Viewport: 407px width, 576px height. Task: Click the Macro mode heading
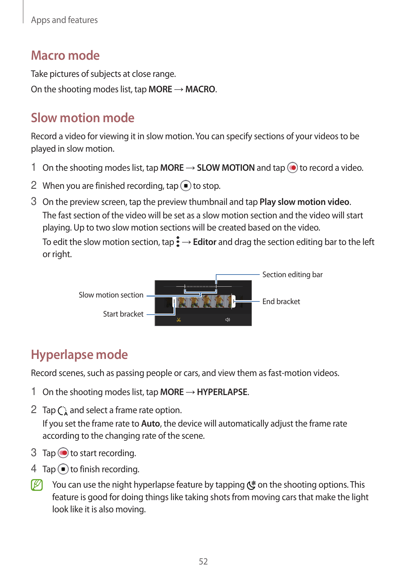pyautogui.click(x=65, y=55)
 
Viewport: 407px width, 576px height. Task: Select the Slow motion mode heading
pyautogui.click(x=83, y=118)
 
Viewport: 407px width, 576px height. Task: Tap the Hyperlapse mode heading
pyautogui.click(x=79, y=355)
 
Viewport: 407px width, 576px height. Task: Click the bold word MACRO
pyautogui.click(x=200, y=89)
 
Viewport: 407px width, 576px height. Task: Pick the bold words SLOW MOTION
pyautogui.click(x=226, y=168)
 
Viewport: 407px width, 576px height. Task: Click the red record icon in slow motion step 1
pyautogui.click(x=292, y=168)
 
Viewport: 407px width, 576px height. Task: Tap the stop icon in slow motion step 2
pyautogui.click(x=186, y=186)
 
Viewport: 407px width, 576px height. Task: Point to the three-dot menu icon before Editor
pyautogui.click(x=178, y=242)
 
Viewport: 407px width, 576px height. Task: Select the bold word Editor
pyautogui.click(x=205, y=242)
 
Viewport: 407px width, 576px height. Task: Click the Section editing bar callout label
pyautogui.click(x=292, y=275)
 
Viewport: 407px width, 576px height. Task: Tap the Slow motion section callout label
pyautogui.click(x=111, y=295)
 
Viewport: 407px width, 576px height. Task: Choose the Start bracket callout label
pyautogui.click(x=123, y=314)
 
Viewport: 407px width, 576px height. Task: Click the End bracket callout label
pyautogui.click(x=281, y=301)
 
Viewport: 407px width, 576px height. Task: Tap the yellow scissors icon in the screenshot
pyautogui.click(x=179, y=320)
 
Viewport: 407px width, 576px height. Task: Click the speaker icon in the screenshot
pyautogui.click(x=228, y=320)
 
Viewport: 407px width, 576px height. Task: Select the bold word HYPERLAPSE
pyautogui.click(x=222, y=392)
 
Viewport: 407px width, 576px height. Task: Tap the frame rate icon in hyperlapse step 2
pyautogui.click(x=63, y=411)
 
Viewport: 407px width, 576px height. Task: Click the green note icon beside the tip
pyautogui.click(x=37, y=485)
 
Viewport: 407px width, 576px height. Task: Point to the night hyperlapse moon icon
pyautogui.click(x=251, y=485)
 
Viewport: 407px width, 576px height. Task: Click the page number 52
pyautogui.click(x=203, y=562)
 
